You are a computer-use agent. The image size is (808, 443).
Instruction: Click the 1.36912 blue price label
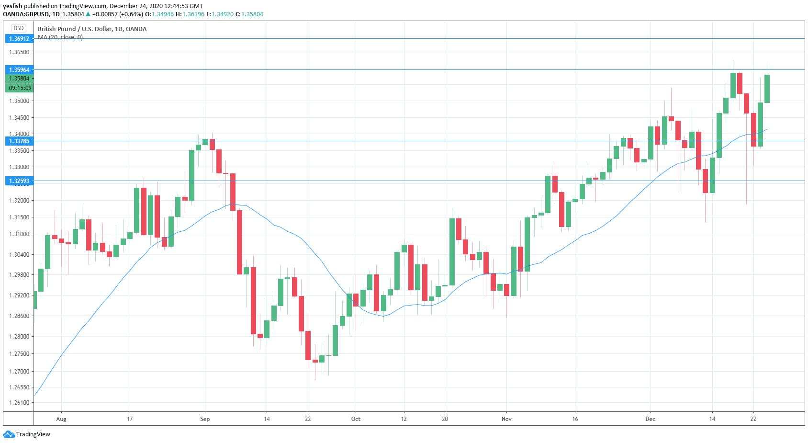tap(19, 38)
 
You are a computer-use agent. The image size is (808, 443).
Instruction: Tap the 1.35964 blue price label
tap(19, 70)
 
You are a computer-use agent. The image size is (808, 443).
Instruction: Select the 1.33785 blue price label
tap(19, 141)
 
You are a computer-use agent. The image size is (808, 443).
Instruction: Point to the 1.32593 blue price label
tap(19, 181)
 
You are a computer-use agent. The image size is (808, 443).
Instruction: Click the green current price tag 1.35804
tap(19, 79)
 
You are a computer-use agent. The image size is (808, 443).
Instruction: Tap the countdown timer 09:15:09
tap(19, 88)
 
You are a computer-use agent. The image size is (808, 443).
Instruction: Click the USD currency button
tap(19, 28)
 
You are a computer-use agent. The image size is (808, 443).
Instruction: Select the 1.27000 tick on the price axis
tap(19, 372)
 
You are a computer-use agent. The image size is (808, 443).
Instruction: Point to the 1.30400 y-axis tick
tap(19, 255)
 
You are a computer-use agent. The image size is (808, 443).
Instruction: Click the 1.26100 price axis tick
tap(19, 403)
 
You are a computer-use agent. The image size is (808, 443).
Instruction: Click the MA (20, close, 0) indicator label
tap(60, 37)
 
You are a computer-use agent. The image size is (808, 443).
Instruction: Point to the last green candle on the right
tap(767, 89)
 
